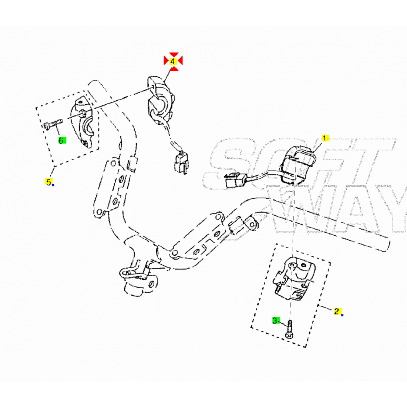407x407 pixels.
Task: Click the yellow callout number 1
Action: [325, 138]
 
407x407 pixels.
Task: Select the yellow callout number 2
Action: [337, 311]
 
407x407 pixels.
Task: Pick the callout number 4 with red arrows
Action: [173, 61]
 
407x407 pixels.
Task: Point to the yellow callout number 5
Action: [48, 181]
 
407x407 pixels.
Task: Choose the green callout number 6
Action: [62, 141]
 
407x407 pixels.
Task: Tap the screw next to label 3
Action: [290, 329]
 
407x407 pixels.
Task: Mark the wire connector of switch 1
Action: [236, 179]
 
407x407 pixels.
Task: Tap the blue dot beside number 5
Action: [53, 185]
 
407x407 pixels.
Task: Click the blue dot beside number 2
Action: [342, 315]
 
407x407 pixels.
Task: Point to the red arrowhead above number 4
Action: [174, 54]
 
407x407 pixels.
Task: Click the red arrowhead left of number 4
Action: [166, 61]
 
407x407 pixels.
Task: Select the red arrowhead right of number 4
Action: [180, 61]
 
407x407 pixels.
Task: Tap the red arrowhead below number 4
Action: [174, 68]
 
